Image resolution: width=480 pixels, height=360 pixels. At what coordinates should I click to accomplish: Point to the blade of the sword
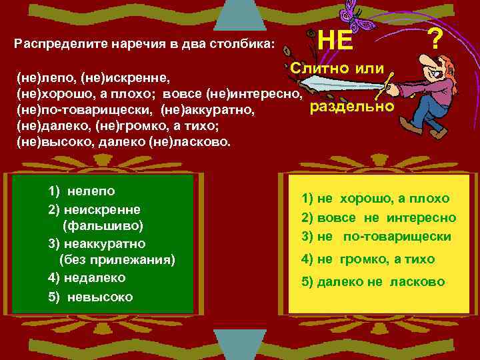tap(340, 83)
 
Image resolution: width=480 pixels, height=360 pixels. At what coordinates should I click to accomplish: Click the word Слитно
tap(317, 68)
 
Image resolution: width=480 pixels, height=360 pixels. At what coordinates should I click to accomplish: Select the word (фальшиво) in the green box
tap(103, 225)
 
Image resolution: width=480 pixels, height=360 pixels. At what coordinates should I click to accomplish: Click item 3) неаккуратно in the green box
tap(97, 243)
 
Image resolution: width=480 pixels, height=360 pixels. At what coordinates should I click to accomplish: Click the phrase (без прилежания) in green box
tap(117, 260)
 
